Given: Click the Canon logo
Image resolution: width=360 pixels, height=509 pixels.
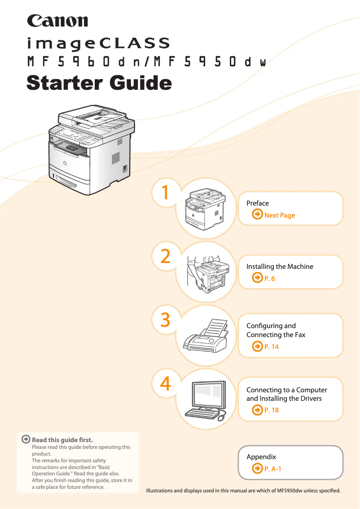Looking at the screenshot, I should pos(57,21).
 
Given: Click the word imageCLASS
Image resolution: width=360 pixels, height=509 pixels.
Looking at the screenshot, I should pos(98,44).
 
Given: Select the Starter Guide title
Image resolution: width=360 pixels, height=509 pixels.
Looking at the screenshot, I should pos(99,83).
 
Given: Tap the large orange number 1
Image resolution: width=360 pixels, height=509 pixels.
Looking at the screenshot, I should pos(166,193).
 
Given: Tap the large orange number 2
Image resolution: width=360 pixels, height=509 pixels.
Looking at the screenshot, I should pos(166,256).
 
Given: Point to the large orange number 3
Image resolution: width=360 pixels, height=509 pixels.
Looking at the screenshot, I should pos(166,320).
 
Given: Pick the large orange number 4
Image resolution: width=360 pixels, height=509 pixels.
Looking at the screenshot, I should pos(166,384).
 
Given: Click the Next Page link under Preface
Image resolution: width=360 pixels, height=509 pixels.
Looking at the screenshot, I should pos(279,215).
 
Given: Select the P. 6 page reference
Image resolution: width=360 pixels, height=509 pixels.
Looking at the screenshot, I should pos(269,279).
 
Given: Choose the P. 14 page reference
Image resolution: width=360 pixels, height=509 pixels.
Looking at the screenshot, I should pos(271,347).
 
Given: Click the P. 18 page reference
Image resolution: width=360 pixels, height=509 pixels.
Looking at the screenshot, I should pos(271,410).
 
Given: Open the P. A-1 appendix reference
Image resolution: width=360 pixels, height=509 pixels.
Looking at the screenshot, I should pos(272,469).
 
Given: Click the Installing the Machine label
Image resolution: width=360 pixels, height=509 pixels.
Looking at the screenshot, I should pos(280,267).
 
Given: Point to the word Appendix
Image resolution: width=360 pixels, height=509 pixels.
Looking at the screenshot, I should pos(261,457).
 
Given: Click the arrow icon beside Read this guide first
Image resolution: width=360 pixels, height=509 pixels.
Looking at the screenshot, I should pos(26,439).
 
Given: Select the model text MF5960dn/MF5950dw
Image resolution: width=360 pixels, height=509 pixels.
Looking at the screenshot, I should pos(147,62).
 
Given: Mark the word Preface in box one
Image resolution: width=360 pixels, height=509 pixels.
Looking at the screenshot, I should pos(258,203).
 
